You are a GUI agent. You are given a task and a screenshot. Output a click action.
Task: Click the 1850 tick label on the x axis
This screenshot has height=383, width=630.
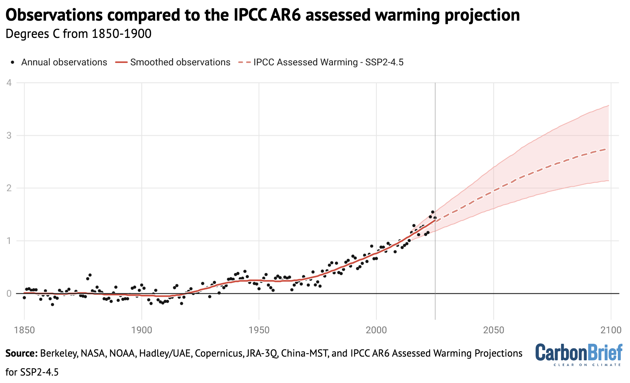point(24,330)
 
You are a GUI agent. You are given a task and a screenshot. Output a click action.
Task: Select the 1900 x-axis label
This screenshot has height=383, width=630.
point(142,330)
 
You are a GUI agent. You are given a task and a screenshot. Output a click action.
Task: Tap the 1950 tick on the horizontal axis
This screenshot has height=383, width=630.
point(259,330)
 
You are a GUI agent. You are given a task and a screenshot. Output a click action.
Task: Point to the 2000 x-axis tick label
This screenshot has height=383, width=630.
point(376,330)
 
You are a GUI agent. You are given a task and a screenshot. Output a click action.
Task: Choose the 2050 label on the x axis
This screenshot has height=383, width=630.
point(493,330)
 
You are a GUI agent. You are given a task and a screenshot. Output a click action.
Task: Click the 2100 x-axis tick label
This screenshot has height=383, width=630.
point(611,330)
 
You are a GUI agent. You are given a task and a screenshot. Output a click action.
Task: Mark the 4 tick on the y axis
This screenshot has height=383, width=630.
point(9,83)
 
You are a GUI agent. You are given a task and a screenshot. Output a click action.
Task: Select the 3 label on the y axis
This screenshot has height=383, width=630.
point(9,136)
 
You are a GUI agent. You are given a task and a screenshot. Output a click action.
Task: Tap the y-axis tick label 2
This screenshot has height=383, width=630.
point(9,188)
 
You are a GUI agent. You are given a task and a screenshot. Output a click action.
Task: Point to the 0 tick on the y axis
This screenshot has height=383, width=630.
point(9,294)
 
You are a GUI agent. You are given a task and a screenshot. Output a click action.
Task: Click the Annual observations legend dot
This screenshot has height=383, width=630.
point(13,62)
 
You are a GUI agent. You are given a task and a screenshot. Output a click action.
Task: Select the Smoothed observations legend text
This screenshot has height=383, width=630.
point(180,62)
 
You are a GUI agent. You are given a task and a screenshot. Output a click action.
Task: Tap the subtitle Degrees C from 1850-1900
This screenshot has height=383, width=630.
point(78,34)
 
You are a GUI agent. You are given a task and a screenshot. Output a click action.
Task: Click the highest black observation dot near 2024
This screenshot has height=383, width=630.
point(433,212)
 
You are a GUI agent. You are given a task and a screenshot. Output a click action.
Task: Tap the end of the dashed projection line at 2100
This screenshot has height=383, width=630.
point(608,149)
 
